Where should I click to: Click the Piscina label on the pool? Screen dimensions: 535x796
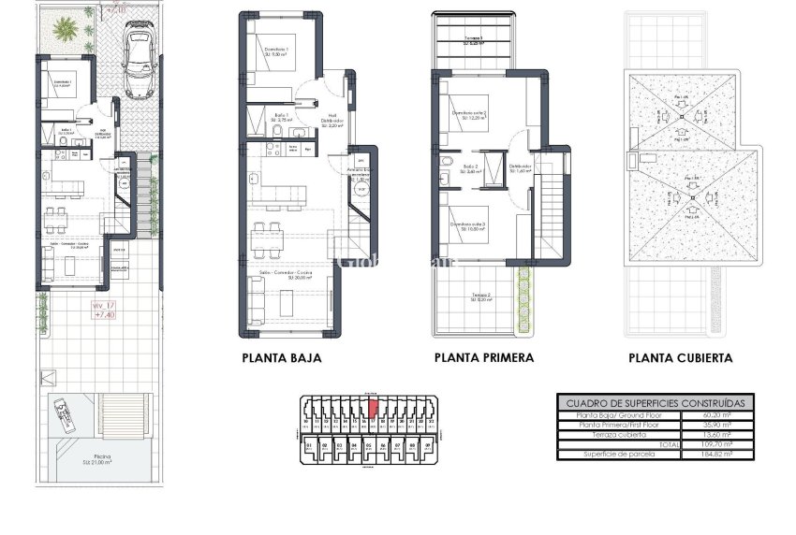(x=102, y=458)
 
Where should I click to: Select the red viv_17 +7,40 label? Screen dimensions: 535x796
(x=104, y=311)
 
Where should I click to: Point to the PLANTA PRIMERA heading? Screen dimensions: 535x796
(x=484, y=357)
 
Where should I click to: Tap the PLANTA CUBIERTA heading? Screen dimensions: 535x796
(x=681, y=357)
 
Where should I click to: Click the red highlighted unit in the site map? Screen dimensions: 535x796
(x=374, y=407)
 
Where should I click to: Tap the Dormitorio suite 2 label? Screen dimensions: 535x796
(x=469, y=115)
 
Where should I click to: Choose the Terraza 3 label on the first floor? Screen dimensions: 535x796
(x=474, y=40)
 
